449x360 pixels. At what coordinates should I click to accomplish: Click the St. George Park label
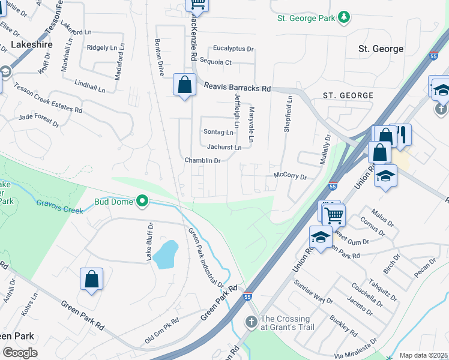point(306,18)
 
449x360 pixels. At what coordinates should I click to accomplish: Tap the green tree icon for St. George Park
point(344,17)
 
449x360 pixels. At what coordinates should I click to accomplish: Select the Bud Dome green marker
point(142,201)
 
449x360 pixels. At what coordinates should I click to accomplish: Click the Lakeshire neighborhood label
point(31,44)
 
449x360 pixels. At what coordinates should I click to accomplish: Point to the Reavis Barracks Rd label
point(237,88)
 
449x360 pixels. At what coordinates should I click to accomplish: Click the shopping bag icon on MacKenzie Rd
point(184,85)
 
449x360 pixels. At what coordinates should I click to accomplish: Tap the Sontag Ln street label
point(218,132)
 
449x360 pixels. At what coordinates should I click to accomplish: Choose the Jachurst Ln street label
point(224,147)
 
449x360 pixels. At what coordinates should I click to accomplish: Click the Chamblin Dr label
point(203,161)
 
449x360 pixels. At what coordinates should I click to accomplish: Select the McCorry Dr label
point(290,176)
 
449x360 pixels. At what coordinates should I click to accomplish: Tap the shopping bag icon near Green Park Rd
point(91,279)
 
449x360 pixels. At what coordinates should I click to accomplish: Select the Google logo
point(20,353)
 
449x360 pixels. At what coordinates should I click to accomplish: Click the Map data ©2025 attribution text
point(424,355)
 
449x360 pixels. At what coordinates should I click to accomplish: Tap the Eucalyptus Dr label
point(234,49)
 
